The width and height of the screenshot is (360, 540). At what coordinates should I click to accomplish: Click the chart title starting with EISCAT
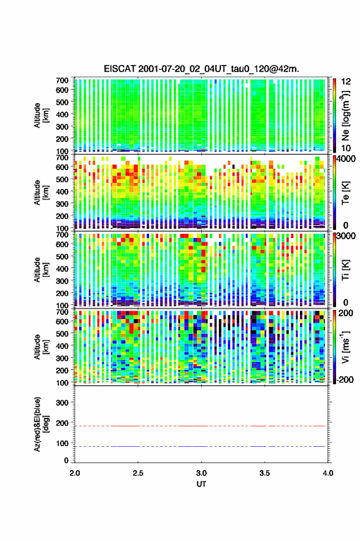201,69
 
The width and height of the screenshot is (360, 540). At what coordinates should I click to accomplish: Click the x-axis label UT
201,484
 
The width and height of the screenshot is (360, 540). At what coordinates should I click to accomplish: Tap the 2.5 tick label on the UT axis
138,473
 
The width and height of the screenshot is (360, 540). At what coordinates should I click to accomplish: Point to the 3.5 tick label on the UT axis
264,473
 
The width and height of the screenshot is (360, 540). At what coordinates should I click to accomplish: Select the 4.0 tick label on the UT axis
327,473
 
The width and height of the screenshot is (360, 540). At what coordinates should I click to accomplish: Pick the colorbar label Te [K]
346,193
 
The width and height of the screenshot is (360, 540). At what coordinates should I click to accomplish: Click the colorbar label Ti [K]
346,269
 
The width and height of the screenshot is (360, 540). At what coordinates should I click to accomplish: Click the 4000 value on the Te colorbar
347,160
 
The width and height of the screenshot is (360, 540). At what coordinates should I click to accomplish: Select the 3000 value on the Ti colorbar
347,236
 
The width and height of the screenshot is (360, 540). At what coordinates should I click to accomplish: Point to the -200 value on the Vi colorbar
345,379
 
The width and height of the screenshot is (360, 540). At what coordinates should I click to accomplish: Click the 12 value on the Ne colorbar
346,82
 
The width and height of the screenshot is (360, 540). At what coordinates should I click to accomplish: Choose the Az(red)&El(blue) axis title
41,424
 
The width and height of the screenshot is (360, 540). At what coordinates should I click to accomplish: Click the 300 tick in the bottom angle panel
62,403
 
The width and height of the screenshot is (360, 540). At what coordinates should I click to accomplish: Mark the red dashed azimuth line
199,426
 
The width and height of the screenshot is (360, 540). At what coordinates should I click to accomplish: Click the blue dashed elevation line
199,446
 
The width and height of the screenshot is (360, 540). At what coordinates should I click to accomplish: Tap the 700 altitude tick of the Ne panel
62,80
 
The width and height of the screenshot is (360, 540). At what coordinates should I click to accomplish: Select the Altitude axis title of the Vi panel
41,347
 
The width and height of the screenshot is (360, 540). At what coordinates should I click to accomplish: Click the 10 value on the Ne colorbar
346,148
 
